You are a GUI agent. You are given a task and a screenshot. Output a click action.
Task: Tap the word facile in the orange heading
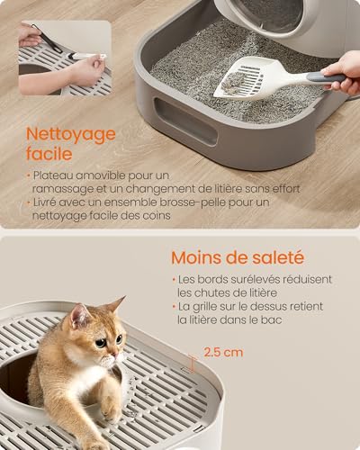(x=49, y=156)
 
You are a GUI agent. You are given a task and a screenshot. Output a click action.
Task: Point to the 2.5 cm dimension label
(x=223, y=353)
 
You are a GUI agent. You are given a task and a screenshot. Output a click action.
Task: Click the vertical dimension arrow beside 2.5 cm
(x=190, y=364)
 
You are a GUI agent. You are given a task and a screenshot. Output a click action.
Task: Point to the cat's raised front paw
(x=110, y=409)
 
